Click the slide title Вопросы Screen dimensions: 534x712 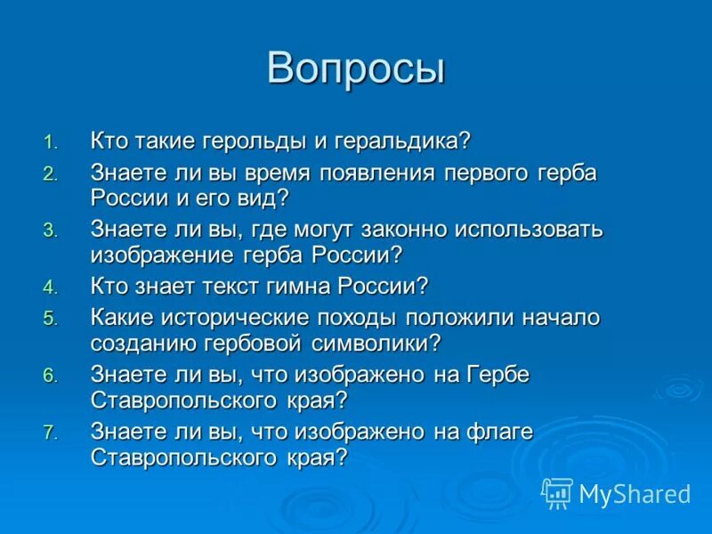356,69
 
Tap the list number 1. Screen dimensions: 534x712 50,142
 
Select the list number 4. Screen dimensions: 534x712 50,287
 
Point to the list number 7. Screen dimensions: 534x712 50,433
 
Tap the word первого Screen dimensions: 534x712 498,173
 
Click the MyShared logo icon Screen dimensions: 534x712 557,493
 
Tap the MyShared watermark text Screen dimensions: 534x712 635,493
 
